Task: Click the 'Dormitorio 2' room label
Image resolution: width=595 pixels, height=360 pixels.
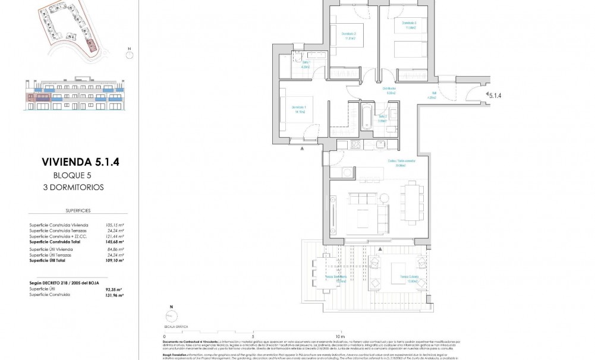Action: tap(349, 34)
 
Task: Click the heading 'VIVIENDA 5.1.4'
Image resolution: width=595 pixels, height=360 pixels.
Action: tap(76, 162)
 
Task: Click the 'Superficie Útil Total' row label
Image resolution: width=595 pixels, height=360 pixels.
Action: tap(53, 260)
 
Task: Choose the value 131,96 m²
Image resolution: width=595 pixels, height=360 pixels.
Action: tap(114, 295)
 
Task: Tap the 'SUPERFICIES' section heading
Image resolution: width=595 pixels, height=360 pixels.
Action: tap(76, 211)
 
